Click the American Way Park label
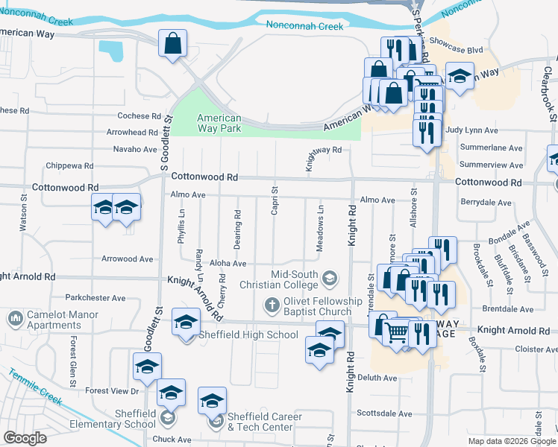(x=219, y=124)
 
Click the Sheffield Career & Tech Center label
(x=264, y=422)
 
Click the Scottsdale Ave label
(x=384, y=413)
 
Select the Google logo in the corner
(x=25, y=438)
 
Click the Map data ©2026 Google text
(x=511, y=441)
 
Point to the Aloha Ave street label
(x=229, y=264)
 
